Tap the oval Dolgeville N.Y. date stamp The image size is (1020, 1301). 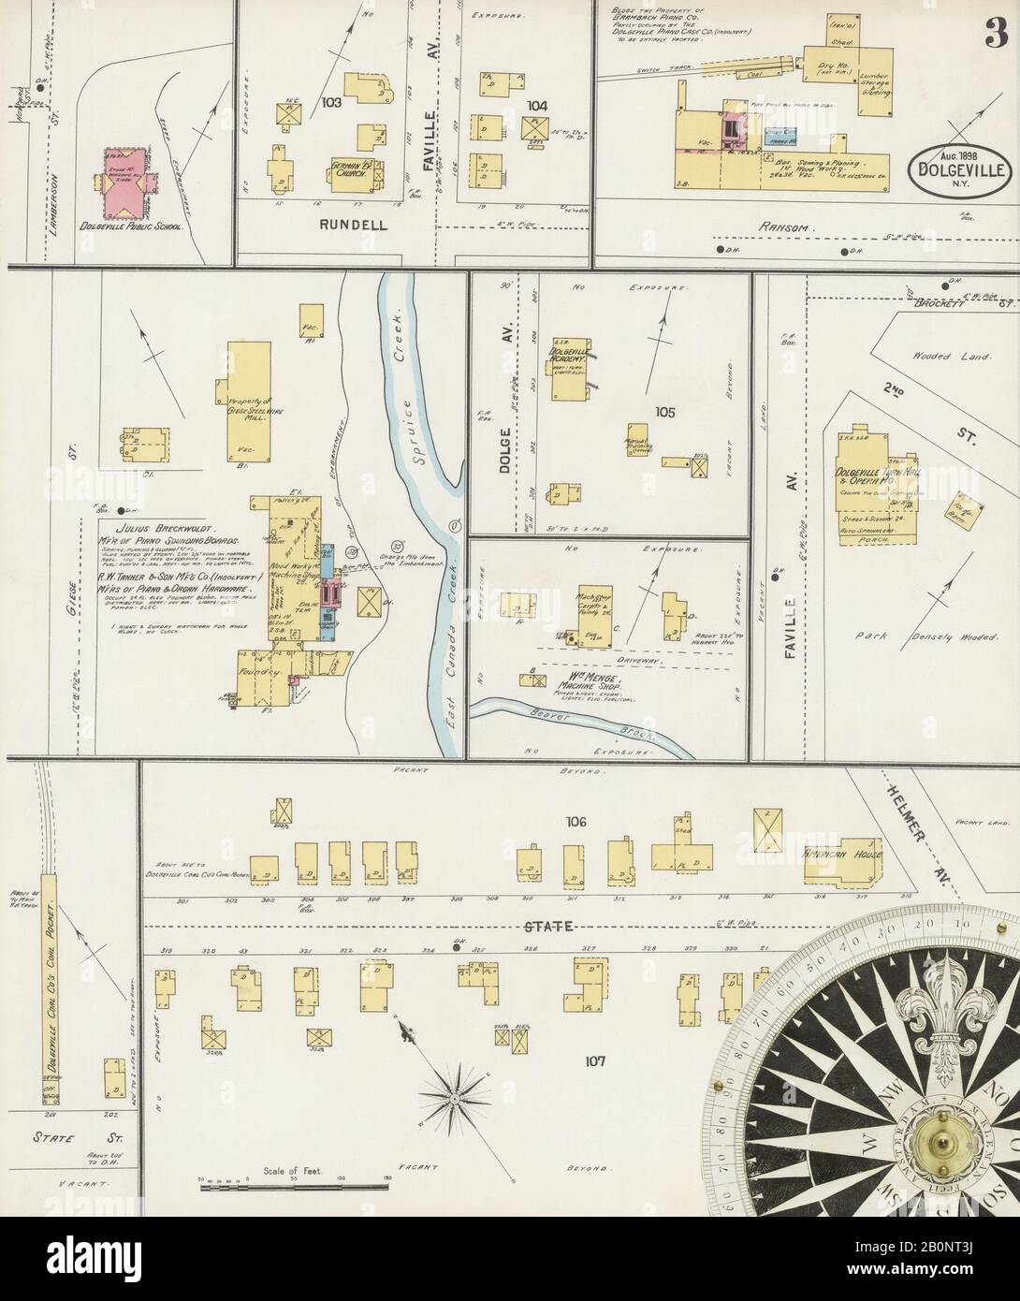tap(954, 168)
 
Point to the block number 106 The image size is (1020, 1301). tap(575, 822)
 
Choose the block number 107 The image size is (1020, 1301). tap(594, 1060)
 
